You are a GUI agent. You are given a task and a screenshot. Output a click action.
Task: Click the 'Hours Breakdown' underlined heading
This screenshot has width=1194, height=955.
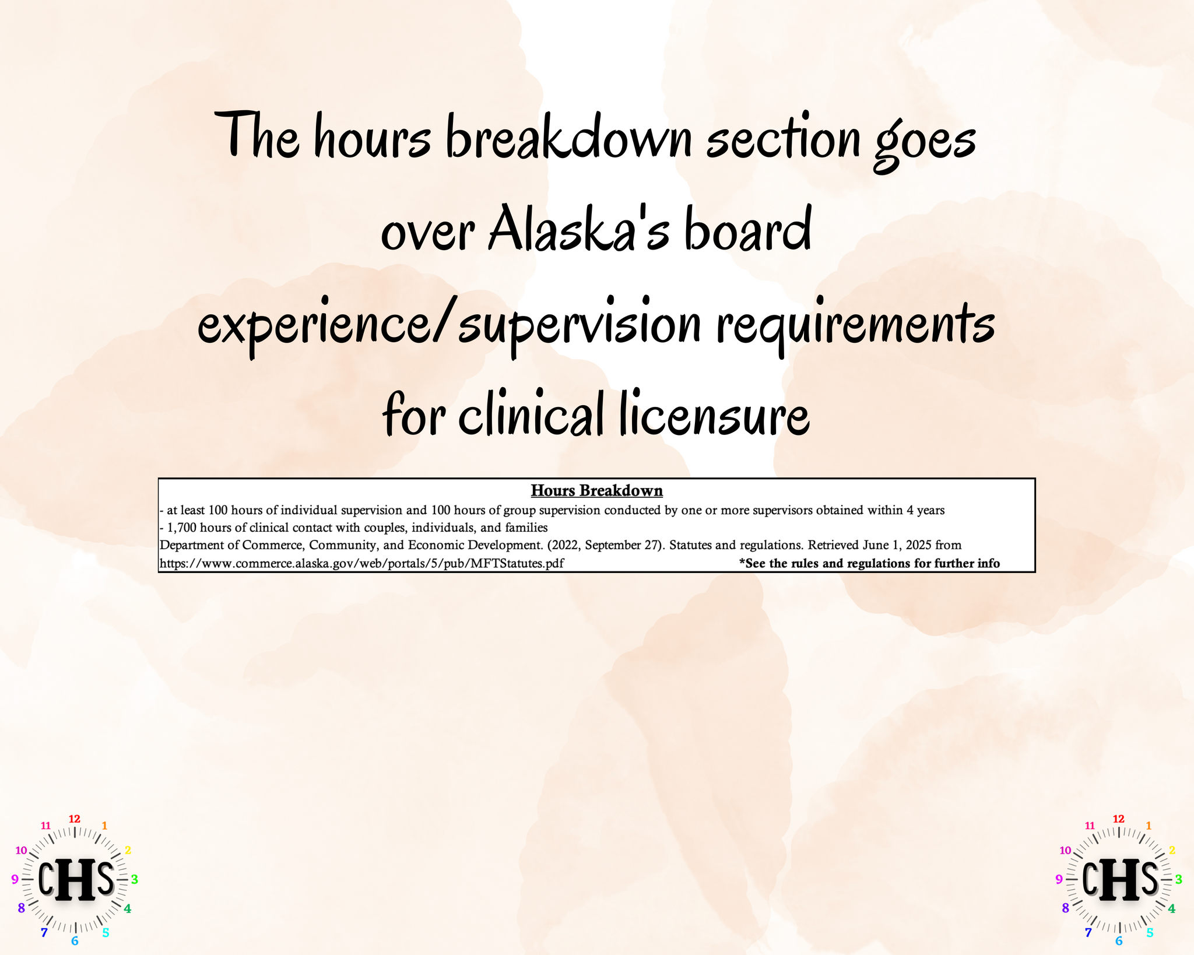tap(596, 491)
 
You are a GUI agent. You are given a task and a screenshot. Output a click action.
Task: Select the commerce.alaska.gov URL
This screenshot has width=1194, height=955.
tap(361, 564)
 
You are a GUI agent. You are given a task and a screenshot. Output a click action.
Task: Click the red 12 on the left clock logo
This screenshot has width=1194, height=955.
tap(75, 819)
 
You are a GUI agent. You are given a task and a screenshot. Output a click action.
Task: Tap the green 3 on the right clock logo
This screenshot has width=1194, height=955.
tap(1178, 879)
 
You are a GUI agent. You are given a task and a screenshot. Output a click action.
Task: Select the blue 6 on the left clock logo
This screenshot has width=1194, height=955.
tap(75, 941)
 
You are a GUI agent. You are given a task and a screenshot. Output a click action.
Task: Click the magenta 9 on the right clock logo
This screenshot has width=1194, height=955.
tap(1059, 880)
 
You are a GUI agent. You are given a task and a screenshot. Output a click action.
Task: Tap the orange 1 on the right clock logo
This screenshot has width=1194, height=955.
tap(1149, 826)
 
